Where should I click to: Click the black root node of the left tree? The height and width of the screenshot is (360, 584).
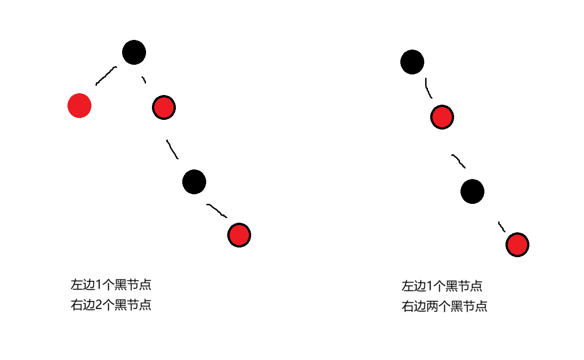click(134, 52)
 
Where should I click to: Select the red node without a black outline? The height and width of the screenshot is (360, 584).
click(79, 106)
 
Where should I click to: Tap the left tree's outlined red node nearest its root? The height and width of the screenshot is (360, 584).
click(164, 107)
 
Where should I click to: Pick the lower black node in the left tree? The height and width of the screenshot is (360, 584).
click(194, 181)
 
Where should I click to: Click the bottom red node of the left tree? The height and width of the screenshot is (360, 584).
click(239, 235)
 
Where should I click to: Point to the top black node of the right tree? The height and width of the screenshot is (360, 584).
click(412, 62)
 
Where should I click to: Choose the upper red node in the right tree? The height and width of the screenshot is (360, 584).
click(442, 117)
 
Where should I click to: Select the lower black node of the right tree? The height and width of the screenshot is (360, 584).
click(472, 191)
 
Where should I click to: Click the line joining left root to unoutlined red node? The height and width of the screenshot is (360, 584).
click(106, 76)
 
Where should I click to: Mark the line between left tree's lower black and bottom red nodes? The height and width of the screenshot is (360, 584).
click(217, 210)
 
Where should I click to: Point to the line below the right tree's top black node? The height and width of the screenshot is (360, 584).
click(428, 89)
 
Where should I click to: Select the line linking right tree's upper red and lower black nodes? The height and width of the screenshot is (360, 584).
click(459, 161)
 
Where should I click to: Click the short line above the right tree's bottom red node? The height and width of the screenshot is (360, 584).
click(502, 227)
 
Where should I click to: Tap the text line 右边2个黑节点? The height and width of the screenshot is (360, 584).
click(111, 305)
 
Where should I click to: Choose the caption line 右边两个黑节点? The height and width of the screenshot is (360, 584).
click(444, 306)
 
